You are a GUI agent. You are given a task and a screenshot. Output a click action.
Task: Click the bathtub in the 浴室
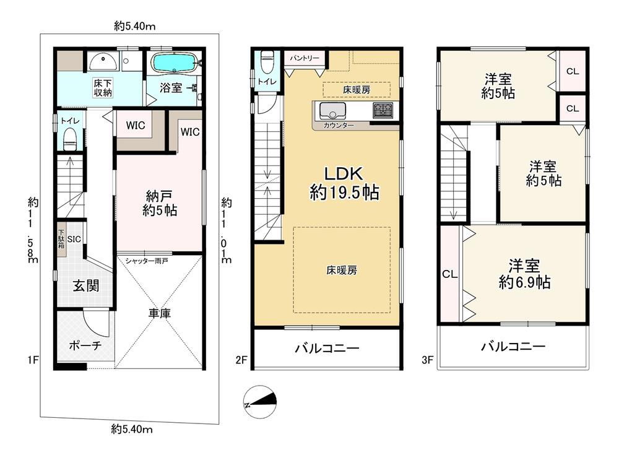(x=174, y=63)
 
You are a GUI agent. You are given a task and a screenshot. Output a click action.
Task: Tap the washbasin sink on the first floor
(x=102, y=61)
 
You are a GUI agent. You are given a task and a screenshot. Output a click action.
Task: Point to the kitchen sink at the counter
(x=332, y=111)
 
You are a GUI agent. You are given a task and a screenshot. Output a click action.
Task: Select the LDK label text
(x=343, y=173)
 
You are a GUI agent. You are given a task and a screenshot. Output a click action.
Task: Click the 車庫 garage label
(x=160, y=314)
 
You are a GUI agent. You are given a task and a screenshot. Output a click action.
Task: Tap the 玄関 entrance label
(x=85, y=285)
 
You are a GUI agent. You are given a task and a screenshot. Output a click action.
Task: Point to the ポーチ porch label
(x=85, y=345)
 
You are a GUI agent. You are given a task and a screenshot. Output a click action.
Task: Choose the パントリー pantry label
(x=304, y=58)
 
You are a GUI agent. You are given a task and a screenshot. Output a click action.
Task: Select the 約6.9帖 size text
(x=524, y=282)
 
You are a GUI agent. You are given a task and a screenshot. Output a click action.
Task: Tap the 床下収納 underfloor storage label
(x=103, y=88)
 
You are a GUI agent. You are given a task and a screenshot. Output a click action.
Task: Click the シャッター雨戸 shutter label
(x=147, y=261)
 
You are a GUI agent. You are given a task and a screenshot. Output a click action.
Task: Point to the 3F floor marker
(x=428, y=360)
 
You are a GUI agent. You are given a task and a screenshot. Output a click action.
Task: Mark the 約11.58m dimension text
(x=33, y=230)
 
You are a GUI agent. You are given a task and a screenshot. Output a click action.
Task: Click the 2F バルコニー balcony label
(x=327, y=349)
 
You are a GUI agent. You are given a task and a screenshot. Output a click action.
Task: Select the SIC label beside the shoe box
(x=74, y=239)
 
